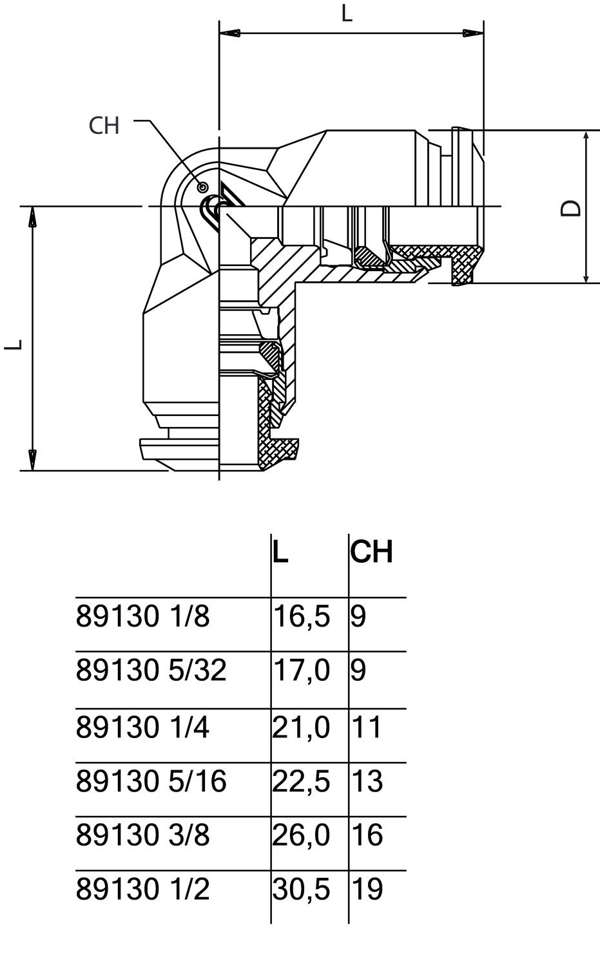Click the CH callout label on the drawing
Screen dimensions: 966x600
pyautogui.click(x=104, y=126)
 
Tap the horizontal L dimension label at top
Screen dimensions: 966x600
pyautogui.click(x=347, y=14)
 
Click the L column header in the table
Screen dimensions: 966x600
pyautogui.click(x=280, y=552)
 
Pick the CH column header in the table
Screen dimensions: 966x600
pyautogui.click(x=371, y=552)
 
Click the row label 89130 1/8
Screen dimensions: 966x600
pyautogui.click(x=143, y=617)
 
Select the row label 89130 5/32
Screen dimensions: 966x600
pyautogui.click(x=151, y=670)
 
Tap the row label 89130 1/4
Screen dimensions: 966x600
pyautogui.click(x=143, y=728)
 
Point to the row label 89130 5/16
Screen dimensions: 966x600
pyautogui.click(x=151, y=782)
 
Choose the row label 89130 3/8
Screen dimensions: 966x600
pyautogui.click(x=143, y=836)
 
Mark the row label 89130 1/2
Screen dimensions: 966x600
pyautogui.click(x=143, y=890)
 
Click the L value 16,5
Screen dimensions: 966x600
pyautogui.click(x=302, y=617)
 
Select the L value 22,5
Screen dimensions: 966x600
pyautogui.click(x=302, y=782)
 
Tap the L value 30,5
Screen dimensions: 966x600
pyautogui.click(x=302, y=890)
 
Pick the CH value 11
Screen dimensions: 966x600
pyautogui.click(x=367, y=728)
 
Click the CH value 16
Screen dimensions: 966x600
pyautogui.click(x=367, y=836)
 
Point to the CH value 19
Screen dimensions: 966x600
pyautogui.click(x=367, y=890)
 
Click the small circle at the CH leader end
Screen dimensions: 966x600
pyautogui.click(x=203, y=187)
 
